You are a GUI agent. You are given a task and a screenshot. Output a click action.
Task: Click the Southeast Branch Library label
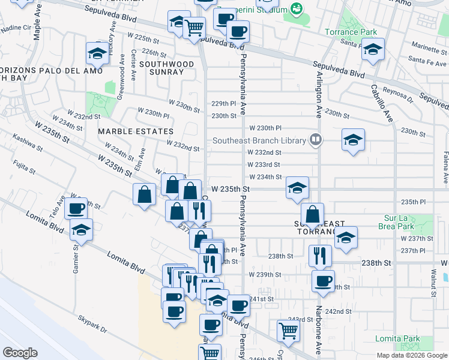tap(259, 141)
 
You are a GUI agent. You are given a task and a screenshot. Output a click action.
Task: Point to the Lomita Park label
tap(397, 339)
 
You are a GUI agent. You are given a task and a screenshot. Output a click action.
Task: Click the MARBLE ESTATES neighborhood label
tap(136, 131)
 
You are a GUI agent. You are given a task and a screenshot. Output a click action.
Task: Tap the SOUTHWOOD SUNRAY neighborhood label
tap(166, 68)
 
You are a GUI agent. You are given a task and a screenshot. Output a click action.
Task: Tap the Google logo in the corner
tap(20, 353)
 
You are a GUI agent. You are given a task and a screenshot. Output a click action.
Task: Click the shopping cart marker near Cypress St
tap(288, 331)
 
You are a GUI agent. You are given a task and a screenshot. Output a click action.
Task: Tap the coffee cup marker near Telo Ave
tap(76, 209)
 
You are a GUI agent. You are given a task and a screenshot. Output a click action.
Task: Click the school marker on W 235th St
tap(297, 188)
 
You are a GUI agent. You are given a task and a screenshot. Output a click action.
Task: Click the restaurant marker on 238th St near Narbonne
tap(320, 256)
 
